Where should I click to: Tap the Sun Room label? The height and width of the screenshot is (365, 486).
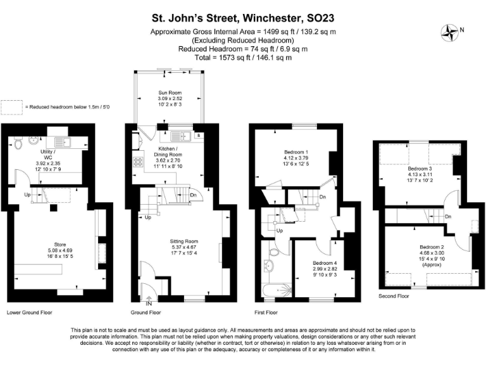pyautogui.click(x=169, y=93)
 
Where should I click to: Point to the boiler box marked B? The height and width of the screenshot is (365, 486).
pyautogui.click(x=198, y=136)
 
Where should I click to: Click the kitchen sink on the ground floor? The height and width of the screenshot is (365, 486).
pyautogui.click(x=177, y=136)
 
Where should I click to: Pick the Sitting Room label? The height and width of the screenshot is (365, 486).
pyautogui.click(x=184, y=241)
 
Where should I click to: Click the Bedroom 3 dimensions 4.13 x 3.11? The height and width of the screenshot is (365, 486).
pyautogui.click(x=417, y=174)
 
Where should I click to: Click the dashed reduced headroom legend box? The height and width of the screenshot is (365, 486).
pyautogui.click(x=11, y=106)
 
